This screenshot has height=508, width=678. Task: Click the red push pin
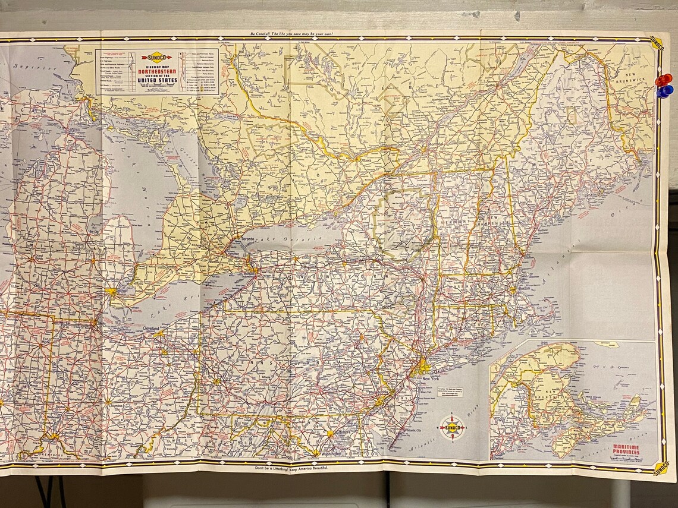pyautogui.click(x=663, y=80)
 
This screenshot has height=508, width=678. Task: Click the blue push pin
pyautogui.click(x=664, y=91)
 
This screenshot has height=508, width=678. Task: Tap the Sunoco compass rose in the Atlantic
pyautogui.click(x=453, y=428)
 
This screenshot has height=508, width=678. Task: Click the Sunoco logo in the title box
pyautogui.click(x=156, y=58)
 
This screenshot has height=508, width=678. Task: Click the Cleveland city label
pyautogui.click(x=150, y=329)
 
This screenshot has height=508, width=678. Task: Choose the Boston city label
pyautogui.click(x=524, y=289)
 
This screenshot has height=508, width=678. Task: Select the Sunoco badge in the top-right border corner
pyautogui.click(x=656, y=43)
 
